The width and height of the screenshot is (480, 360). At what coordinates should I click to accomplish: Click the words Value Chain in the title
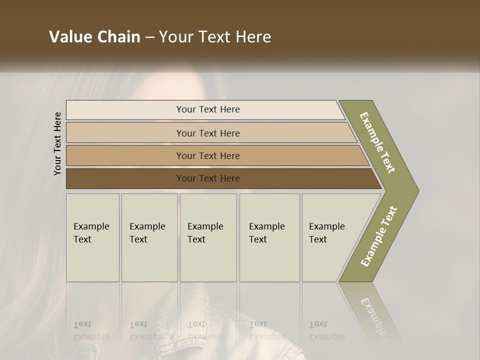pyautogui.click(x=94, y=37)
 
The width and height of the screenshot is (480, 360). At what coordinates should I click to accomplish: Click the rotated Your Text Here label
pyautogui.click(x=57, y=143)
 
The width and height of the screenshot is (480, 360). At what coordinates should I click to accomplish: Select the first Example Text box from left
pyautogui.click(x=92, y=238)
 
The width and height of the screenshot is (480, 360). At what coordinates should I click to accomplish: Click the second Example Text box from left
pyautogui.click(x=149, y=238)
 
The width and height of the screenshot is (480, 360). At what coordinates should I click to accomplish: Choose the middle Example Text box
pyautogui.click(x=208, y=238)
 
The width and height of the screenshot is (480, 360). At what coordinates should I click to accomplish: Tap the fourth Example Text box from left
pyautogui.click(x=269, y=238)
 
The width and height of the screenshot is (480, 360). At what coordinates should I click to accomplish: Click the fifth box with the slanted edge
pyautogui.click(x=330, y=238)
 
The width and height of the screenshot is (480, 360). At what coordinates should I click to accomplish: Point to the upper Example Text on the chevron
pyautogui.click(x=377, y=142)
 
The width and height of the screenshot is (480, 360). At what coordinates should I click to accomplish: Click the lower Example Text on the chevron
pyautogui.click(x=378, y=236)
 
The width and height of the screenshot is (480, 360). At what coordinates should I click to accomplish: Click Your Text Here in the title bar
pyautogui.click(x=215, y=37)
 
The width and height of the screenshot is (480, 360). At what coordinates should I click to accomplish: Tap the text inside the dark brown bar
pyautogui.click(x=208, y=178)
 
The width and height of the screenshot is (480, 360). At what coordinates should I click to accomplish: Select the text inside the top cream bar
pyautogui.click(x=208, y=109)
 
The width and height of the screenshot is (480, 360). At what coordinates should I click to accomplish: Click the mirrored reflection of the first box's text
pyautogui.click(x=91, y=330)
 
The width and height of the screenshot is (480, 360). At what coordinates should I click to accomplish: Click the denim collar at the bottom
pyautogui.click(x=280, y=340)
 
